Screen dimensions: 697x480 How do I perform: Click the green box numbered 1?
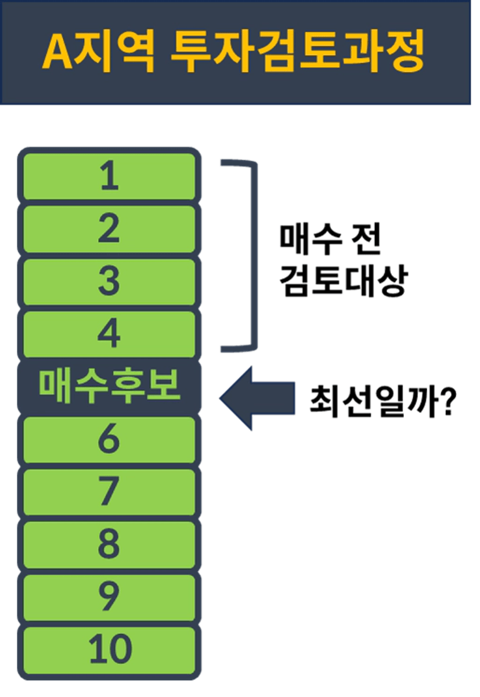click(x=109, y=176)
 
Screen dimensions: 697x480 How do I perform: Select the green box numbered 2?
click(x=109, y=229)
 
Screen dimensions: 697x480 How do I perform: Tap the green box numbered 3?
click(x=109, y=282)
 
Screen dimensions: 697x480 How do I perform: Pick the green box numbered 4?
click(x=109, y=334)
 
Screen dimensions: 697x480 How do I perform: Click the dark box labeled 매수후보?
click(x=109, y=387)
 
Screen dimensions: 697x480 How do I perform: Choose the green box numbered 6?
click(x=109, y=440)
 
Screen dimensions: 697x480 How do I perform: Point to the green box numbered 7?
click(x=109, y=492)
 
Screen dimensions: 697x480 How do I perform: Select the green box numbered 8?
click(x=109, y=544)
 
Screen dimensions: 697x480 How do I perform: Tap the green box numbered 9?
click(x=109, y=597)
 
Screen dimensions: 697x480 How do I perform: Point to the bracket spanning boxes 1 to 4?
click(x=252, y=255)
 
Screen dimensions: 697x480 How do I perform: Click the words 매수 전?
click(x=330, y=239)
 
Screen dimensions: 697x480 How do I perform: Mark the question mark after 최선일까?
click(x=446, y=400)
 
